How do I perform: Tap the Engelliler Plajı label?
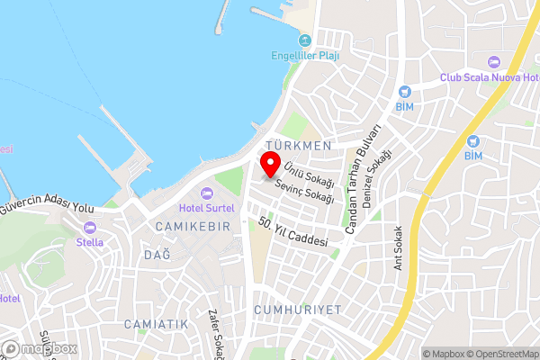(305, 54)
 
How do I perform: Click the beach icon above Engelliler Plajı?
(305, 40)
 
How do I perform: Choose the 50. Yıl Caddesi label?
(291, 231)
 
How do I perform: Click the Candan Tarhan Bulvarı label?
(365, 181)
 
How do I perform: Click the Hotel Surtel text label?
(207, 208)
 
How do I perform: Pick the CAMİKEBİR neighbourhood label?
(193, 225)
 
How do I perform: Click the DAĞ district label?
(157, 255)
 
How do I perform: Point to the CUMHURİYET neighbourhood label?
(298, 309)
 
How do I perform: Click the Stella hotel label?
(89, 242)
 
